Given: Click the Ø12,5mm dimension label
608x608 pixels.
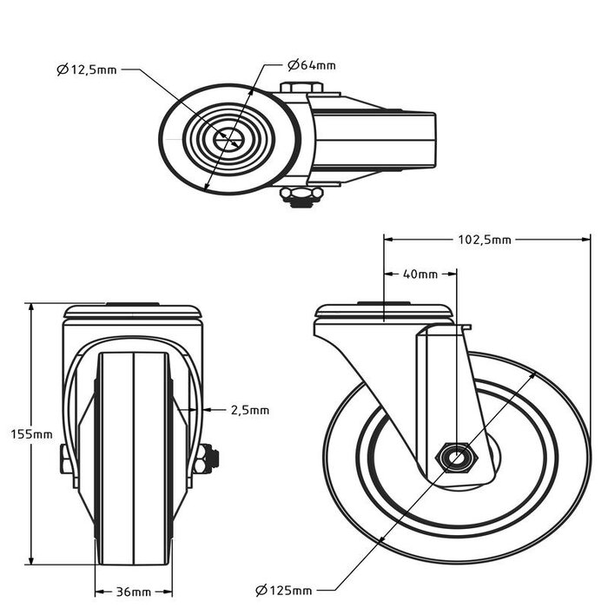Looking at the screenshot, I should click(x=87, y=69).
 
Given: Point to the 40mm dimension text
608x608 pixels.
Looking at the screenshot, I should click(x=420, y=274).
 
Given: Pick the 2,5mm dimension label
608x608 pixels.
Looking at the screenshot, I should click(x=249, y=409).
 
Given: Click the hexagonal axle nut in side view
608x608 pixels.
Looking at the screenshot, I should click(x=453, y=456).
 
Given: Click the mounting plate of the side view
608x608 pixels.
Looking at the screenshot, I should click(x=384, y=312).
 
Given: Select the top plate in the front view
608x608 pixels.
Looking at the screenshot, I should click(x=133, y=310).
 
